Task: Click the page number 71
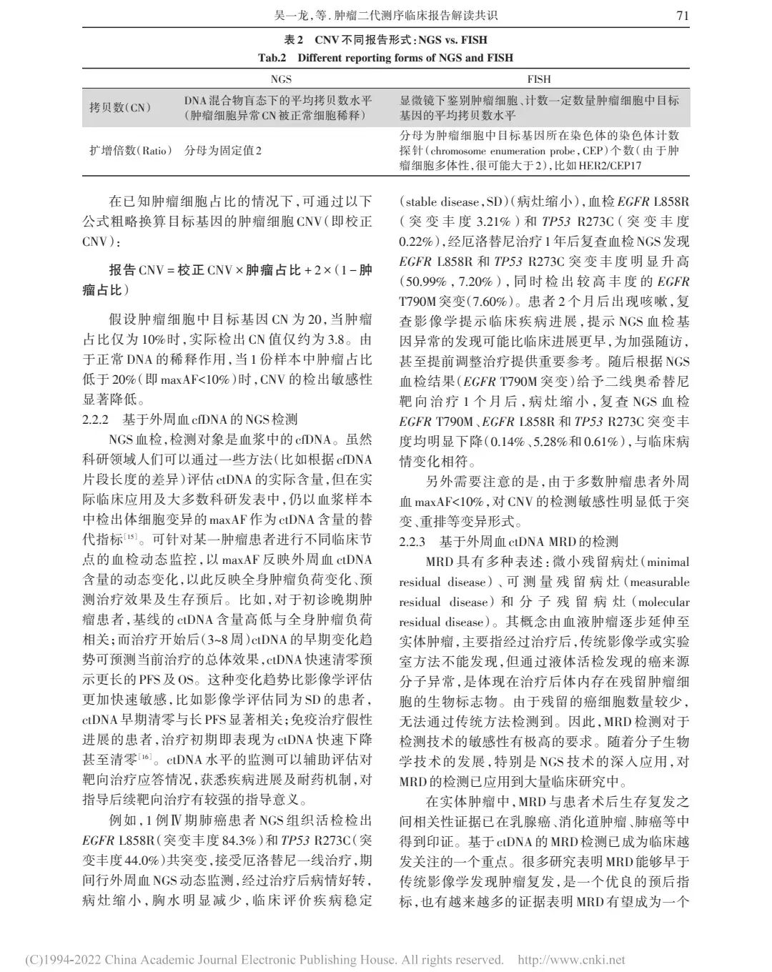point(683,14)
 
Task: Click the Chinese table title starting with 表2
point(385,40)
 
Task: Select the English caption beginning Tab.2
point(385,57)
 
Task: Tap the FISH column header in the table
point(538,79)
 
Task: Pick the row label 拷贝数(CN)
point(119,107)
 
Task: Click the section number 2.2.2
point(95,420)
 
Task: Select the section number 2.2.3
point(412,542)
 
